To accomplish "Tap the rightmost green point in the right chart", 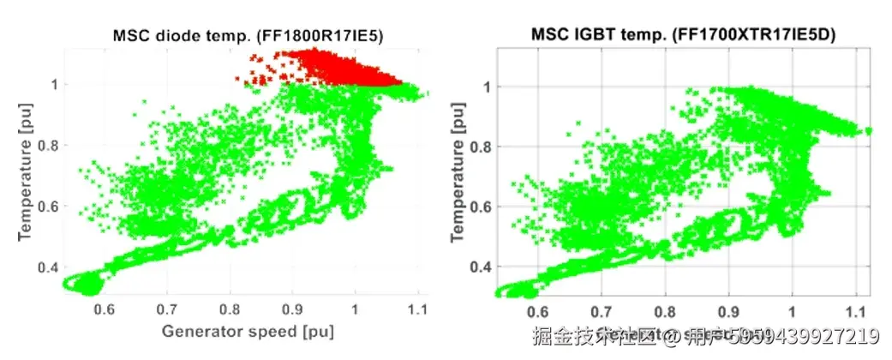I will click(x=869, y=131).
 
